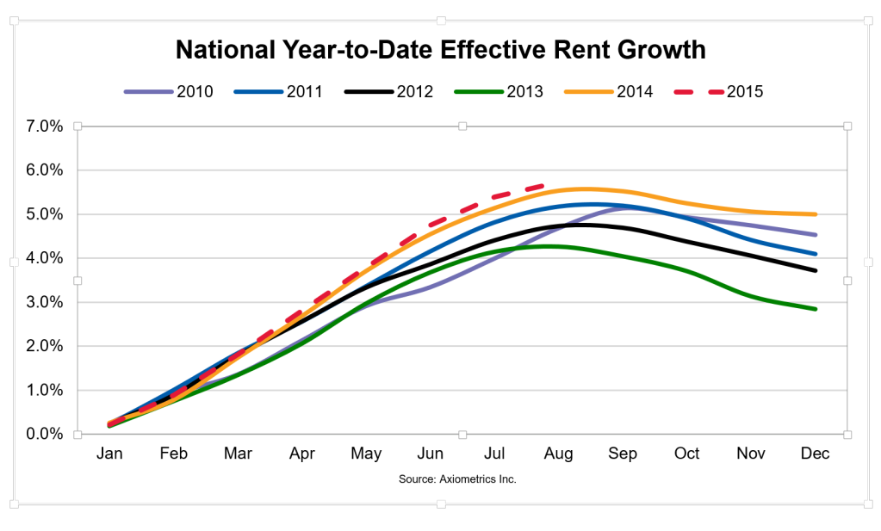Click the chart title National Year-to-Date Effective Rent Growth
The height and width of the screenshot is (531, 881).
click(440, 50)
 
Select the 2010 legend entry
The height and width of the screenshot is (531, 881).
click(169, 90)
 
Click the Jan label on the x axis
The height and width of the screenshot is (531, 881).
click(109, 454)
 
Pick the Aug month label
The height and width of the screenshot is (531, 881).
click(558, 454)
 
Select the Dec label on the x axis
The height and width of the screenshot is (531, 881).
click(815, 454)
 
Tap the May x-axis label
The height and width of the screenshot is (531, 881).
click(366, 454)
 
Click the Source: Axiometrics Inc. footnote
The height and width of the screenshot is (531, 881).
click(457, 479)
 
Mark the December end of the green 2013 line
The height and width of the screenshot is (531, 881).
click(815, 309)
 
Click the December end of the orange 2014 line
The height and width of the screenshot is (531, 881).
click(815, 214)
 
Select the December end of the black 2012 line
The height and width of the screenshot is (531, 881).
click(815, 270)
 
